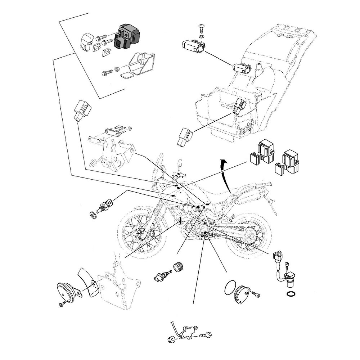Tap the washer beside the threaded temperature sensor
(x=93, y=216)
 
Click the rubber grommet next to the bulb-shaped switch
(x=178, y=267)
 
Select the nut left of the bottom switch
(x=172, y=339)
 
